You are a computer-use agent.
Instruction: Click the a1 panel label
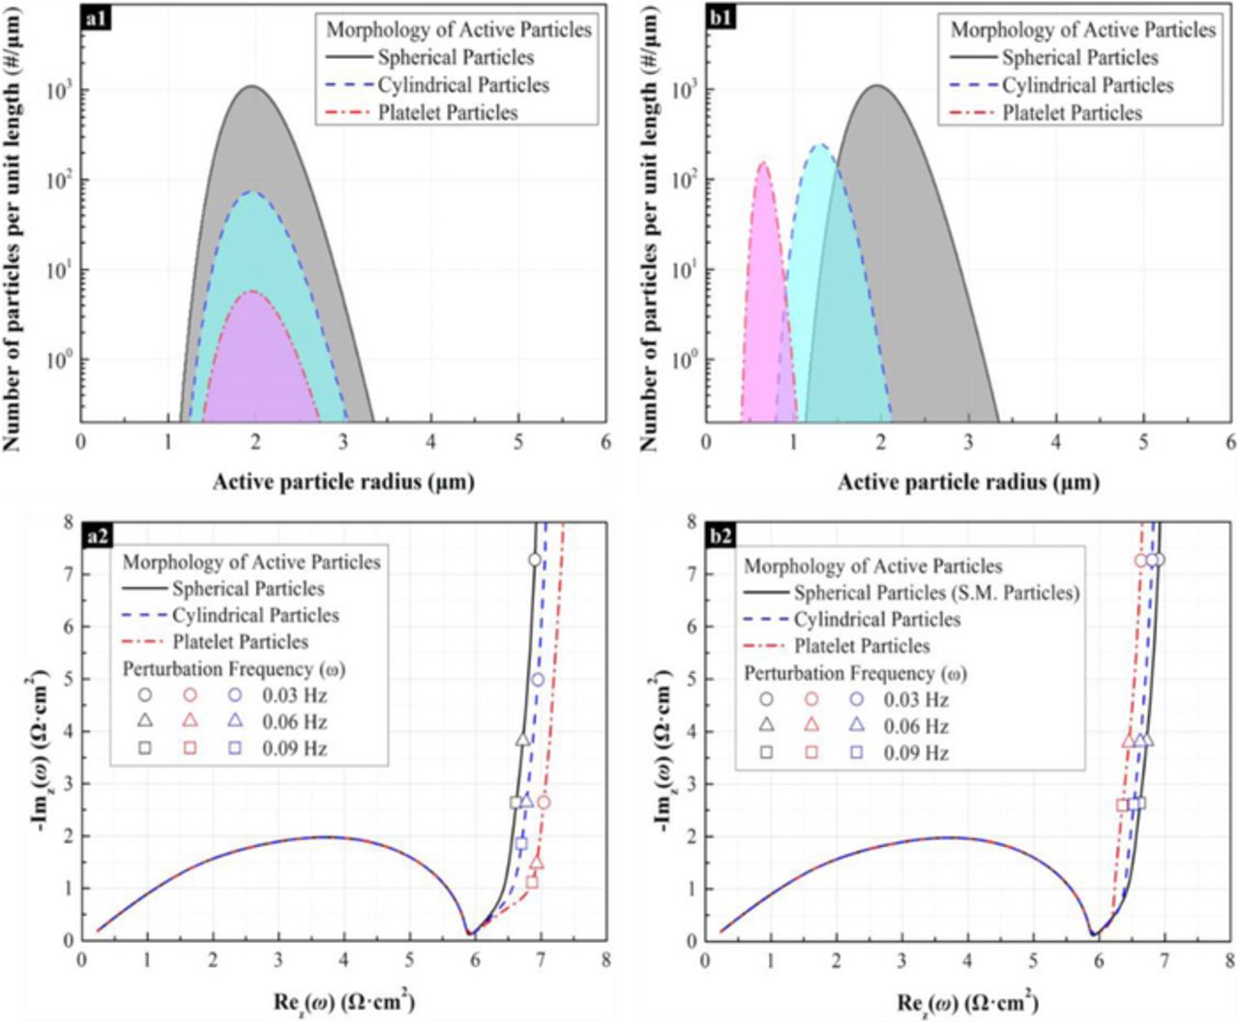click(97, 18)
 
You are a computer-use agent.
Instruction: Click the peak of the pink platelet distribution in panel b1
click(762, 163)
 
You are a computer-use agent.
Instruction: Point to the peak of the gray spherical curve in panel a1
click(252, 87)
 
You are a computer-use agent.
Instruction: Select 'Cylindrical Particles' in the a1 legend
click(462, 85)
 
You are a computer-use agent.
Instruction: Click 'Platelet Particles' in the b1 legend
click(1072, 113)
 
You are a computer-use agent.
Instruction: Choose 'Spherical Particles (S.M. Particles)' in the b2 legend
click(935, 593)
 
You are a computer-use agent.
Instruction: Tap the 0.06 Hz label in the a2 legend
click(294, 722)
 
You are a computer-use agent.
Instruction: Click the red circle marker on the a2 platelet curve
click(544, 803)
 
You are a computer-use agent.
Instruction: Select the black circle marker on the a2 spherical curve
click(534, 560)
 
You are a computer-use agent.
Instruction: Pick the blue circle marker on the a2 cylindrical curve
click(538, 680)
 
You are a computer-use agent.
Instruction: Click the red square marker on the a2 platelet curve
click(531, 882)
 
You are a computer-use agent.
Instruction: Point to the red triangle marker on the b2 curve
click(1128, 742)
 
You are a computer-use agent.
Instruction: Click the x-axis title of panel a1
click(343, 482)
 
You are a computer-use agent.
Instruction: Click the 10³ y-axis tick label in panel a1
click(58, 91)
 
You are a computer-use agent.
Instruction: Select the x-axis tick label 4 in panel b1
click(1055, 442)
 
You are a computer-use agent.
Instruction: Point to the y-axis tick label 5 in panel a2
click(68, 679)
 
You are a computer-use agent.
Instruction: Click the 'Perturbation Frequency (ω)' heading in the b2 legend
click(855, 673)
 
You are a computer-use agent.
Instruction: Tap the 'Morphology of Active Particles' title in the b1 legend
click(1082, 30)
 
